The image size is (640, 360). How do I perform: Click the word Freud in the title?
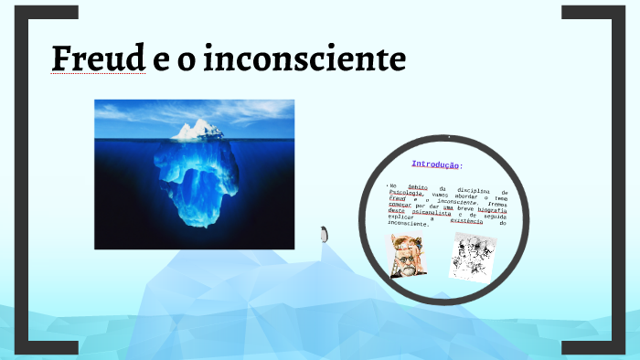(98, 58)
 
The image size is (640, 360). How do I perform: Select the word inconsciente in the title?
(304, 58)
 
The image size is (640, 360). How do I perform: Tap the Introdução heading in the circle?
(436, 164)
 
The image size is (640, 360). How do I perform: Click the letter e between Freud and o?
(159, 58)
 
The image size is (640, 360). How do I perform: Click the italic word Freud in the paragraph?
(396, 199)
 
